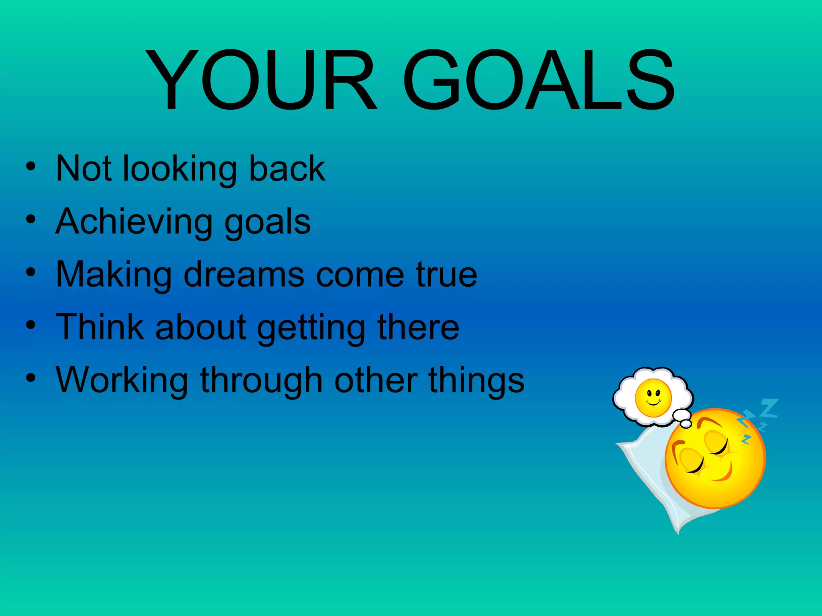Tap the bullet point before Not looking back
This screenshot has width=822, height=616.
(31, 166)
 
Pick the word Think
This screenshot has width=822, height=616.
(100, 327)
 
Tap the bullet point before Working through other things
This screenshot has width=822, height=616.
(31, 378)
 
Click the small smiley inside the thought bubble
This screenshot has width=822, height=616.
(653, 397)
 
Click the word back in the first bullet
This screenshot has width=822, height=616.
(287, 168)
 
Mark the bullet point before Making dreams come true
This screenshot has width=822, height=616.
(31, 272)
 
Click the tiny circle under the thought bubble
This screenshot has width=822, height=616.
(686, 424)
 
